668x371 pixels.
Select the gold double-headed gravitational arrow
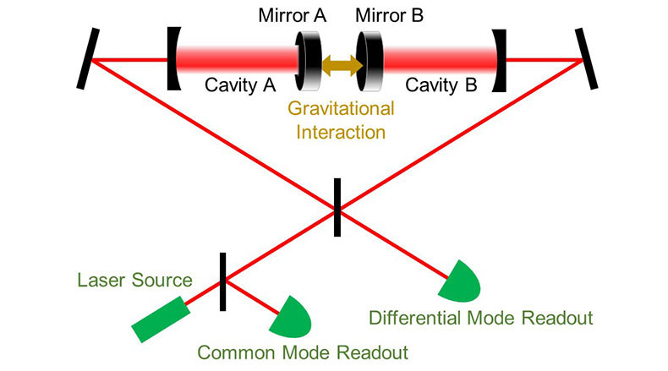click(333, 62)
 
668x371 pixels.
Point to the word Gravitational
click(334, 110)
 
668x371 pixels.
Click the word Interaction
click(334, 132)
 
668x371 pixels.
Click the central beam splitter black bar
click(337, 207)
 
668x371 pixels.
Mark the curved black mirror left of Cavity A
click(173, 59)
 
